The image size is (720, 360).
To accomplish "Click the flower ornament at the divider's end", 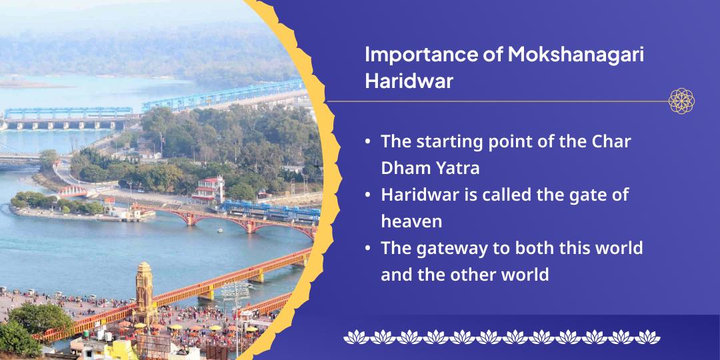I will click(x=681, y=101).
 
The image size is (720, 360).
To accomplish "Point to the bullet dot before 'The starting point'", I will click(x=369, y=143).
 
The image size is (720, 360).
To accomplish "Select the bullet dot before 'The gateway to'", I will click(x=369, y=249).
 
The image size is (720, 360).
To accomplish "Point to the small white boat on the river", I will click(x=220, y=231).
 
